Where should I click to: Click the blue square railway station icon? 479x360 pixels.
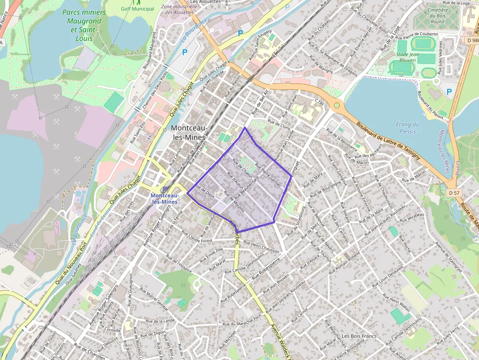(164, 190)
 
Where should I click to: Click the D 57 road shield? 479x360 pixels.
(454, 193)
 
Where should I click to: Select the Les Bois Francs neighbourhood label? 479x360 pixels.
(359, 336)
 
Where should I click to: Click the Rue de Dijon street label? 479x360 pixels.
(205, 191)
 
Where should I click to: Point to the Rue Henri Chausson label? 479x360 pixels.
(261, 247)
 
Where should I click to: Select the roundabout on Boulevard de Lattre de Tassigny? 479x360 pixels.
(336, 105)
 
